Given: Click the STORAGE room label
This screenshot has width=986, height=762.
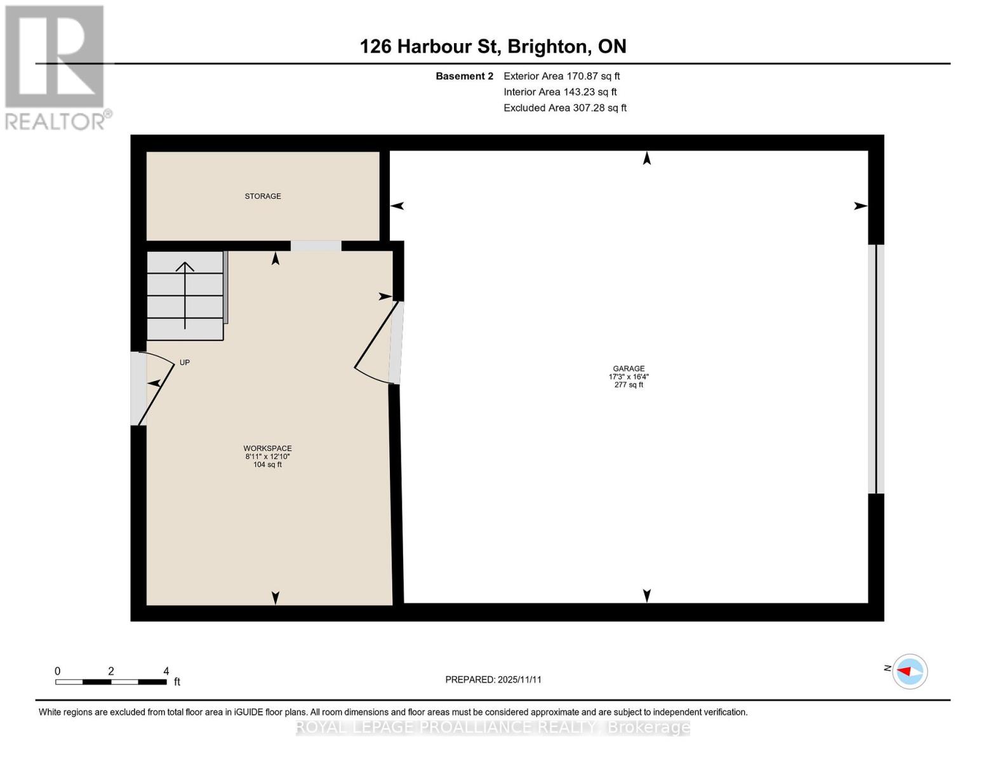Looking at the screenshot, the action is coord(263,196).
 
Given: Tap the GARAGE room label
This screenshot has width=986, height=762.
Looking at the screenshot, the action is coord(629,368).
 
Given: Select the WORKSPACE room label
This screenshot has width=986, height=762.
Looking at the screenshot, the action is coord(267,448).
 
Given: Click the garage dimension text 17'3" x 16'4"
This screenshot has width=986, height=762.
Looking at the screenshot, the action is coord(629,377).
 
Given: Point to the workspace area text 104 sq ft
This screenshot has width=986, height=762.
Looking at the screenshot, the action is coord(267,465).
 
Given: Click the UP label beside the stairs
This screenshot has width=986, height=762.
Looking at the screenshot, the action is coord(184,363).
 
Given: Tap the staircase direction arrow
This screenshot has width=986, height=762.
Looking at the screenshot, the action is coord(185,295).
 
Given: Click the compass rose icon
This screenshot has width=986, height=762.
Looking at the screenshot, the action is coord(910,671).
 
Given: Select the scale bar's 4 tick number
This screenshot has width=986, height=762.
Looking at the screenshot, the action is coord(166,671).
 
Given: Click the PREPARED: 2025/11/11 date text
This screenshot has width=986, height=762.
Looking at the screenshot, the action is coord(493,679).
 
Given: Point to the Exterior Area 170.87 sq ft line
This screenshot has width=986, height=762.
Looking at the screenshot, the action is coord(561,76).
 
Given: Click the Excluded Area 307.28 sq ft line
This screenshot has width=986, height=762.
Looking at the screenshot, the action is coord(565,108).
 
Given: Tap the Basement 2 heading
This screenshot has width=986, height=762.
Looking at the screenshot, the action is coord(464,76).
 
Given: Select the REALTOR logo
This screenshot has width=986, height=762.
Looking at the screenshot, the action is coord(56,67).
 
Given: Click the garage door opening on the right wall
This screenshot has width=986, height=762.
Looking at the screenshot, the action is coord(876,369).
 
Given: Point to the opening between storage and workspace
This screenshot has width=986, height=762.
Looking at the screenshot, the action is coord(316,246).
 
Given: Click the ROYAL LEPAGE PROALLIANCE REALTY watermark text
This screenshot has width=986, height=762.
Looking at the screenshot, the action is coord(493,727).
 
